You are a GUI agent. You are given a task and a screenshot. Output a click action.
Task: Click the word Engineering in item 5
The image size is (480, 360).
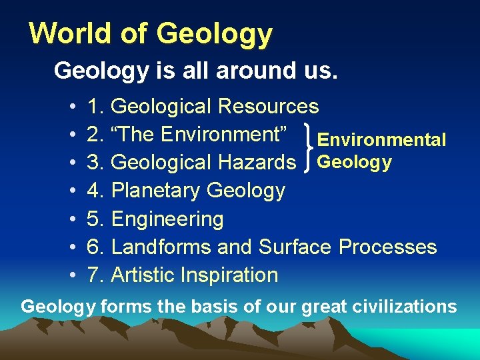(x=167, y=219)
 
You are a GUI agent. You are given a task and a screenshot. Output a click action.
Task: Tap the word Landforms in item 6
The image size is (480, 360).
(x=161, y=247)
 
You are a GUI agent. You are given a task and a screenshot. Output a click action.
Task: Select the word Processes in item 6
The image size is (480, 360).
(x=387, y=247)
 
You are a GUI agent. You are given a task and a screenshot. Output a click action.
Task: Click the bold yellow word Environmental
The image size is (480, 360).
(x=381, y=140)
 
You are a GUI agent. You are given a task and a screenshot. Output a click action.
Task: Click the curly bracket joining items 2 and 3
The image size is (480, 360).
(x=308, y=148)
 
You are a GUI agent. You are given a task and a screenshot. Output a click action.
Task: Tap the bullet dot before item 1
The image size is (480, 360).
(x=71, y=107)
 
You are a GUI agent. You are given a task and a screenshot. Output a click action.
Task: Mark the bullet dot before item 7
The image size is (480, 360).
(x=71, y=276)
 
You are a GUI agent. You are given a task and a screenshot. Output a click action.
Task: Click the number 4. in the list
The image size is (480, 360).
(x=96, y=191)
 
